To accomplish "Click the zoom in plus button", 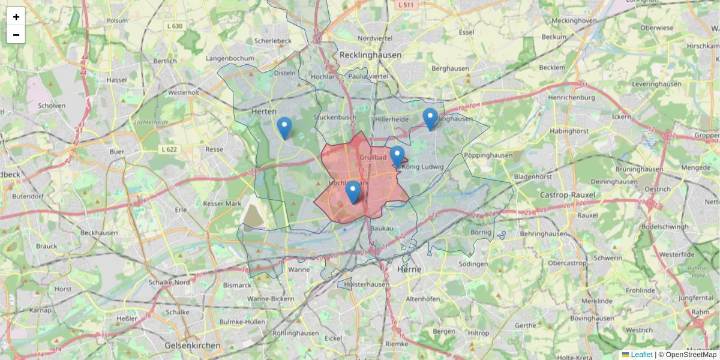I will (x=16, y=16).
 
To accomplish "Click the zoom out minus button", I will (x=16, y=35).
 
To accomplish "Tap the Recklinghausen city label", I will (x=370, y=55).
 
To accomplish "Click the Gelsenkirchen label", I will (x=193, y=346).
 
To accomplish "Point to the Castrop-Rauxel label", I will (x=567, y=195).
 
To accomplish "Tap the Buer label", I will (x=116, y=152).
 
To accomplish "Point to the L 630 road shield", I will (x=175, y=26).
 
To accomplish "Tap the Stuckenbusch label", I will (x=335, y=118).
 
